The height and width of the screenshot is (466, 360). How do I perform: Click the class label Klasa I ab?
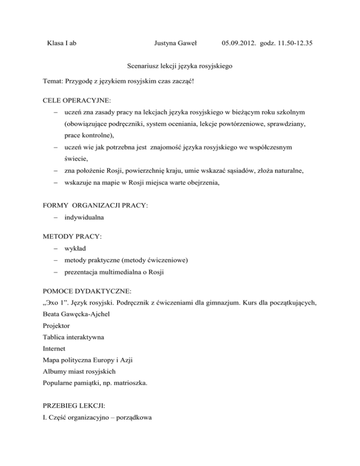tap(62, 44)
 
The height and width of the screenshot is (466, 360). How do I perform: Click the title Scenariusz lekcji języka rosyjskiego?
tap(180, 68)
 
